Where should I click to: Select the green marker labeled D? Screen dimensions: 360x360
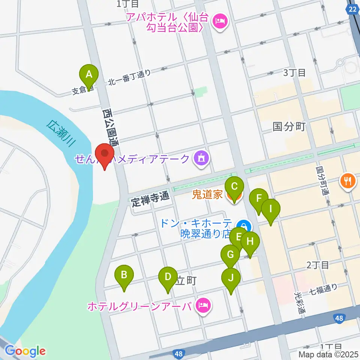point(168,278)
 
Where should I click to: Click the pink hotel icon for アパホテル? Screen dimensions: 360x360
point(219,20)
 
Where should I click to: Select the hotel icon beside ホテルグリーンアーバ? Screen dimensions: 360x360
point(203,306)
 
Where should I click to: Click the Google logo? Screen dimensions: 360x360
point(25,351)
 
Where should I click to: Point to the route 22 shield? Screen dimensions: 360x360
point(352,10)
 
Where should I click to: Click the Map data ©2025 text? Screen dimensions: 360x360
point(328,354)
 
